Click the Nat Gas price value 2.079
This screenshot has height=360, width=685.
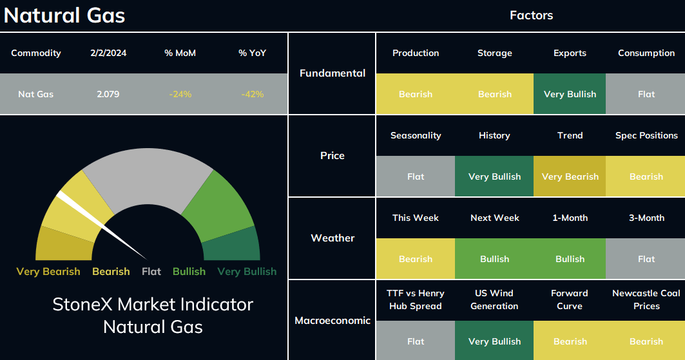point(108,94)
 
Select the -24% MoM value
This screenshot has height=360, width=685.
point(180,94)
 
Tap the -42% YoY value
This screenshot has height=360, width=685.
point(253,94)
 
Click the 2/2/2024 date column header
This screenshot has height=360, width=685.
point(108,53)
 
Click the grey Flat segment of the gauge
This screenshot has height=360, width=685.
point(148,175)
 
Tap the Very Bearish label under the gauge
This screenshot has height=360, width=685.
point(48,271)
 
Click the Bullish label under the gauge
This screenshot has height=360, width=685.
point(189,271)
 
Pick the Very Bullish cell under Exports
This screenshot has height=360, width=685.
point(570,94)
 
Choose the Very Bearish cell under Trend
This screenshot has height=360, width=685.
point(570,176)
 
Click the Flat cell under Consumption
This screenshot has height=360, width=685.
point(646,94)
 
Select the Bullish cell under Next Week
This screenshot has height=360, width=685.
point(494,259)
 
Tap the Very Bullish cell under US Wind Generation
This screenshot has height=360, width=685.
point(494,341)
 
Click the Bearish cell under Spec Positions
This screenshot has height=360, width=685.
point(646,176)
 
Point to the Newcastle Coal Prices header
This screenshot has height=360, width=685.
point(646,299)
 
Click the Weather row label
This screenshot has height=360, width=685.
point(333,238)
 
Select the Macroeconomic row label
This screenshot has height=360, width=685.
point(333,320)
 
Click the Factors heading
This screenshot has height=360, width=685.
point(531,15)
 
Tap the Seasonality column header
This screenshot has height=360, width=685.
point(416,135)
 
